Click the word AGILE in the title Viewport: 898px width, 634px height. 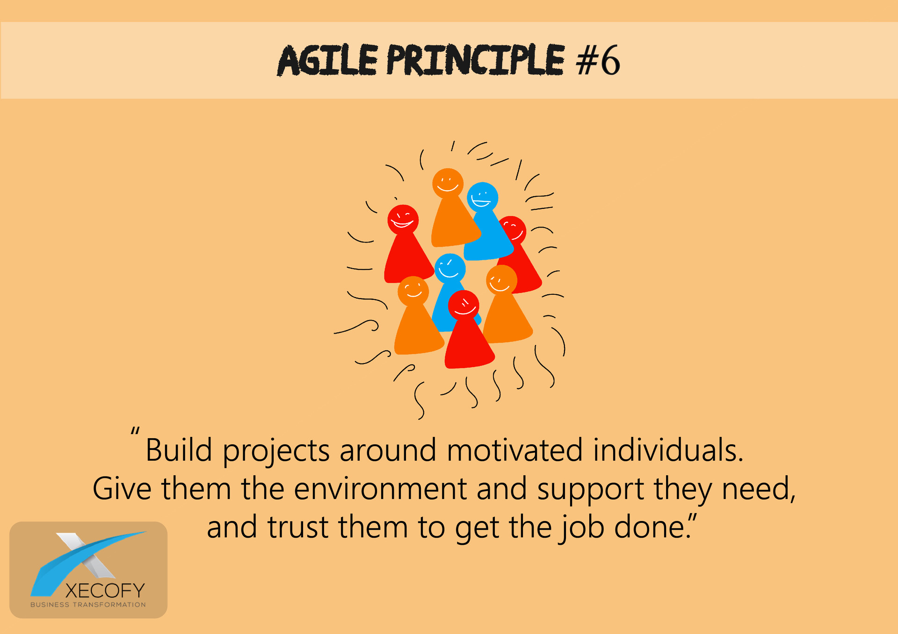[x=327, y=60]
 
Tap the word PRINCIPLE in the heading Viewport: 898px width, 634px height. [x=475, y=60]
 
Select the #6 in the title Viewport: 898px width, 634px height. [x=598, y=60]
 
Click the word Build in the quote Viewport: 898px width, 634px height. [x=179, y=450]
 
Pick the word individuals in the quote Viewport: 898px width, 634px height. [x=668, y=450]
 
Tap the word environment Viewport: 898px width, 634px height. [x=380, y=489]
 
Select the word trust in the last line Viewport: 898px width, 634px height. [x=298, y=527]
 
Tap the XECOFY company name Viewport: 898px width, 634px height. [x=105, y=591]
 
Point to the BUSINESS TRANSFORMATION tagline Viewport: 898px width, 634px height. [x=88, y=605]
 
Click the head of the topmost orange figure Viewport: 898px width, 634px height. [x=448, y=184]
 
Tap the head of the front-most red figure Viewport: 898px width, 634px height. [x=463, y=306]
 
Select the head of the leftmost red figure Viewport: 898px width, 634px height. [x=403, y=220]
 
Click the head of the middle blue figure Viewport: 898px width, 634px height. [x=450, y=269]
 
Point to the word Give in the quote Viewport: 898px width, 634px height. [x=122, y=489]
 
